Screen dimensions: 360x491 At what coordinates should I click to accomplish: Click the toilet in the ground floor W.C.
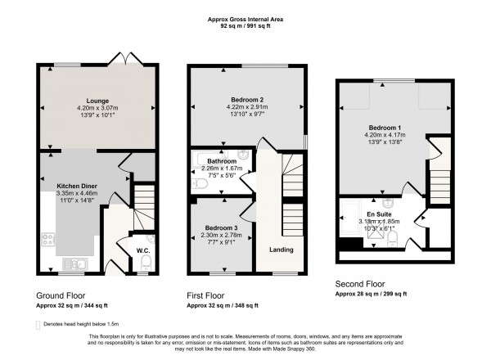click(x=146, y=261)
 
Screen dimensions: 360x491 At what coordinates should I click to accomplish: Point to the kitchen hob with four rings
click(x=46, y=241)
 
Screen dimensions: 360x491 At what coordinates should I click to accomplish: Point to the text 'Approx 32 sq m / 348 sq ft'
click(x=222, y=305)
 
